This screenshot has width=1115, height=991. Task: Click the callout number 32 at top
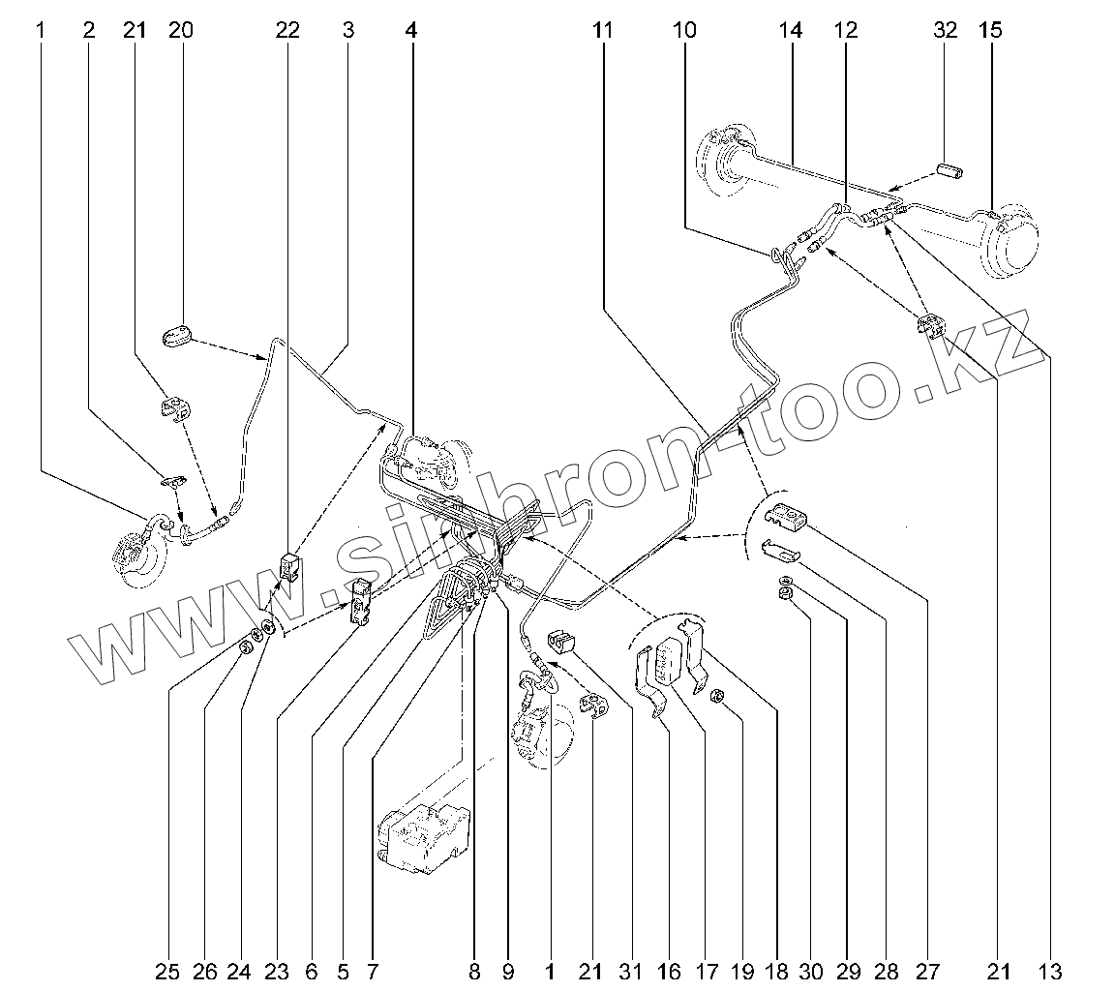tap(946, 30)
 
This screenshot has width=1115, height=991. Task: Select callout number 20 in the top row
tap(180, 30)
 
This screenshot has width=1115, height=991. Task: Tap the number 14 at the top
tap(791, 30)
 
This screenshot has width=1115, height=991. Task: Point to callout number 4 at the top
tap(412, 30)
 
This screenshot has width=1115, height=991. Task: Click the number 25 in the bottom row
tap(169, 970)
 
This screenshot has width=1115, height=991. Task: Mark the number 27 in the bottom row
tap(927, 970)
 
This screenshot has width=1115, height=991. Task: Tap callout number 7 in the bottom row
tap(373, 970)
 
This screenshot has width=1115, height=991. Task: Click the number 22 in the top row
tap(287, 30)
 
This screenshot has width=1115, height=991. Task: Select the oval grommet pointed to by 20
tap(177, 336)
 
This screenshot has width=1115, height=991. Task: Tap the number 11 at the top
tap(603, 30)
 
